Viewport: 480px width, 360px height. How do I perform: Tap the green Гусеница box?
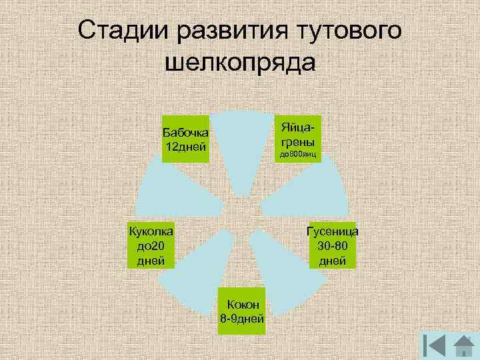point(332,245)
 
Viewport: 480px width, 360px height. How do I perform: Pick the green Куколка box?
point(151,245)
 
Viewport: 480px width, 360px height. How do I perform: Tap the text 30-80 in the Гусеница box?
point(332,245)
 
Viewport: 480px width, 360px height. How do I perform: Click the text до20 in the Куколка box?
point(151,245)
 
